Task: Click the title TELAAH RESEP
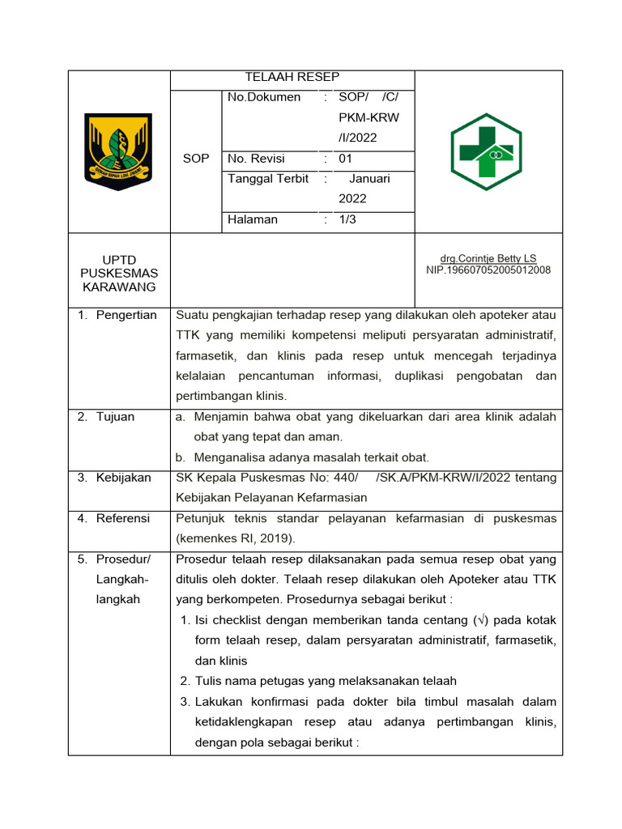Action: (x=292, y=77)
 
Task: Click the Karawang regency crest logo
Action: (x=118, y=151)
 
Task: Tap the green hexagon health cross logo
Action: (x=486, y=151)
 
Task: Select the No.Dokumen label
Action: (x=264, y=97)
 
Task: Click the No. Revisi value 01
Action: (x=346, y=159)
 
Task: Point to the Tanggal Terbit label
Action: (x=268, y=179)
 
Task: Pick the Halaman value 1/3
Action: (x=348, y=219)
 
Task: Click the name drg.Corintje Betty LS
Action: (x=488, y=258)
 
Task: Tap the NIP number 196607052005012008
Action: (x=488, y=270)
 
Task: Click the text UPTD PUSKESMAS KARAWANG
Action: (x=119, y=274)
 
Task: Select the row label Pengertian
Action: (x=126, y=315)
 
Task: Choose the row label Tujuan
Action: (x=116, y=417)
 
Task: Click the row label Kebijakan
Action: (x=123, y=478)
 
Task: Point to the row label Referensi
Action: (x=123, y=518)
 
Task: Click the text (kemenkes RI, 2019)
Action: (x=236, y=538)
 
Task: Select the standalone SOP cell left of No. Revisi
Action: (x=196, y=159)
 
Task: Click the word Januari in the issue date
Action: (x=369, y=179)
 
